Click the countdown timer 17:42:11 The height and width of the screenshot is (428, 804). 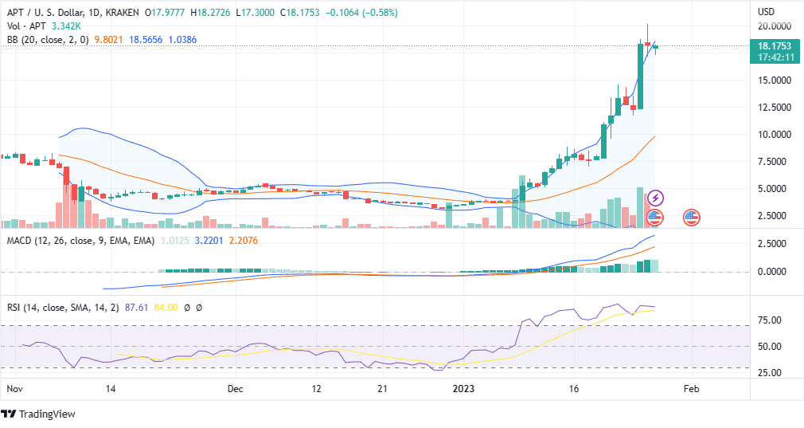[775, 57]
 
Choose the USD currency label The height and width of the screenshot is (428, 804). [766, 12]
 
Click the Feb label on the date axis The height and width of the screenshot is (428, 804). [691, 389]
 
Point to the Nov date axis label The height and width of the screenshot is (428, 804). [14, 389]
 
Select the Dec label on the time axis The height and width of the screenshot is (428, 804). [235, 389]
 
